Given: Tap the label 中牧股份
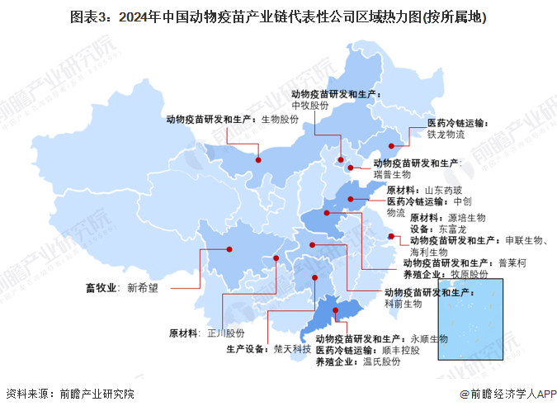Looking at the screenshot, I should pyautogui.click(x=310, y=106).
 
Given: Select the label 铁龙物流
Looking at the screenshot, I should pyautogui.click(x=446, y=134).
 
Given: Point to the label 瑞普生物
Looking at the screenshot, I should pyautogui.click(x=392, y=174).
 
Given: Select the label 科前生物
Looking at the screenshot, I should pyautogui.click(x=404, y=304).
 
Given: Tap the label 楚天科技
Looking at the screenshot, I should pyautogui.click(x=293, y=350).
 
